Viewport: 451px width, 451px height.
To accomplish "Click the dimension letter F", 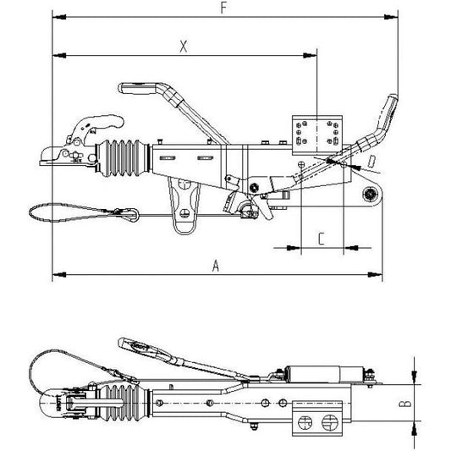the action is (223, 8).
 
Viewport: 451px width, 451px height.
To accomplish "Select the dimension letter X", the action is (184, 47).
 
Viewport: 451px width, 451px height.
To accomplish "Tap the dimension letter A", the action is (216, 266).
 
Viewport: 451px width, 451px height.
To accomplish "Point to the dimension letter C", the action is (322, 239).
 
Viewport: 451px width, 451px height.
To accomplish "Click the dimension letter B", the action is (405, 404).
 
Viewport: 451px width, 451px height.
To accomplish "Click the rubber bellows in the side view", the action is (123, 158).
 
